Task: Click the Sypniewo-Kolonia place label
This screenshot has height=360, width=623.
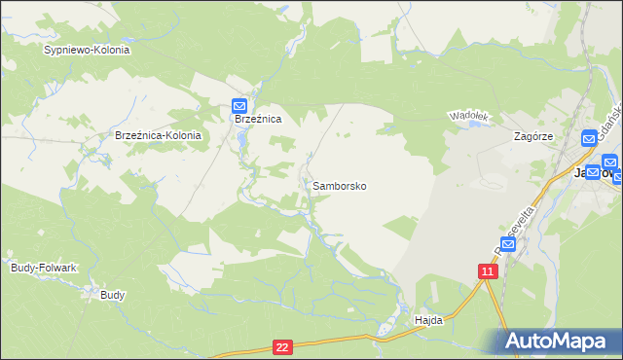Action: pos(87,49)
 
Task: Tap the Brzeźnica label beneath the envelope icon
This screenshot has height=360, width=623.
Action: pos(258,119)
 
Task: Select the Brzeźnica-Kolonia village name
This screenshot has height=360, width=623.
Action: pos(158,136)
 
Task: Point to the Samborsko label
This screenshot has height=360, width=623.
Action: pos(340,185)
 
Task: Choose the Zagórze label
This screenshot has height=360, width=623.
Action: pos(533,137)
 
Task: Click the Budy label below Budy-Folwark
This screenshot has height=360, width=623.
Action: pos(113,294)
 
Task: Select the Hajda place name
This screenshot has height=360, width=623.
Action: pos(428,319)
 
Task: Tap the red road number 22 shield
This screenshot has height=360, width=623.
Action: pos(282,346)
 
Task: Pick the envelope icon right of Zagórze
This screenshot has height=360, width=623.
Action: pos(590,140)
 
